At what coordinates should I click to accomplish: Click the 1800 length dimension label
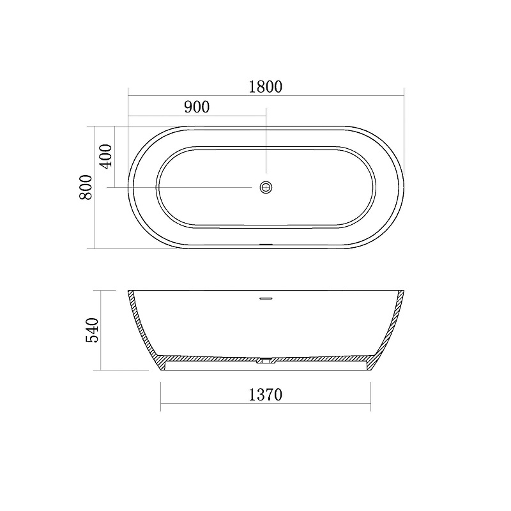click(265, 87)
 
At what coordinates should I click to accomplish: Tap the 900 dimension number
click(197, 107)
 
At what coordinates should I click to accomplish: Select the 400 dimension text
click(107, 156)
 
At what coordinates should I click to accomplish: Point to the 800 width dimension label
click(86, 187)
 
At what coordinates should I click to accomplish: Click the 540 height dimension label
click(92, 330)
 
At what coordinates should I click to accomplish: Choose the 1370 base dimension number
click(265, 395)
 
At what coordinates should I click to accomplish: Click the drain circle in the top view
click(266, 187)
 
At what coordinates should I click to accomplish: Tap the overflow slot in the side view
click(266, 298)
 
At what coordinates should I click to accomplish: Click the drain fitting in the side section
click(266, 361)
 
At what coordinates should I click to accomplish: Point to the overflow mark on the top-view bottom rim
click(266, 244)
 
